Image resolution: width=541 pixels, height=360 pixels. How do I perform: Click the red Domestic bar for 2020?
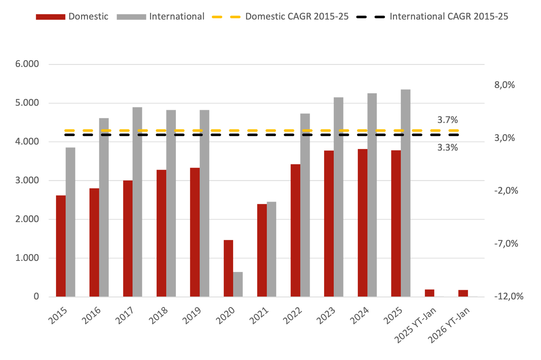pyautogui.click(x=228, y=268)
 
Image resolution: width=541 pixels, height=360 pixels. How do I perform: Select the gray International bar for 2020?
pyautogui.click(x=238, y=284)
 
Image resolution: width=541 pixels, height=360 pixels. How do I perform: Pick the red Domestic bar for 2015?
pyautogui.click(x=61, y=246)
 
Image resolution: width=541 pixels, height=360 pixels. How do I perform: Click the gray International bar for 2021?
pyautogui.click(x=272, y=249)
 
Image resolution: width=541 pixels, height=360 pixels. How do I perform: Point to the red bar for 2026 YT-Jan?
pyautogui.click(x=463, y=293)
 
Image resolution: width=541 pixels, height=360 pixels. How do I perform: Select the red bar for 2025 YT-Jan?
pyautogui.click(x=430, y=293)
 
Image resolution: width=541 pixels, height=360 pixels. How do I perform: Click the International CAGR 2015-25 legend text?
pyautogui.click(x=449, y=17)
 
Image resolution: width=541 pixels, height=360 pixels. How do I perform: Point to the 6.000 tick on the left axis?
pyautogui.click(x=27, y=64)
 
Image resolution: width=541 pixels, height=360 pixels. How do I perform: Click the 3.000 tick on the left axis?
pyautogui.click(x=27, y=180)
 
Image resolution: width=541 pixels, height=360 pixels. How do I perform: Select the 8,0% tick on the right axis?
pyautogui.click(x=504, y=85)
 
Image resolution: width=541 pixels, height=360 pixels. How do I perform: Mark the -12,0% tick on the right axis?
pyautogui.click(x=509, y=296)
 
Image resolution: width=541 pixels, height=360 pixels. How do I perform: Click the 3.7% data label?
pyautogui.click(x=447, y=120)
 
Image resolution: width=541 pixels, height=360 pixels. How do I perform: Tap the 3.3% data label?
pyautogui.click(x=447, y=148)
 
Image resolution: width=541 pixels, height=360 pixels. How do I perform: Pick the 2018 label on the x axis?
pyautogui.click(x=159, y=316)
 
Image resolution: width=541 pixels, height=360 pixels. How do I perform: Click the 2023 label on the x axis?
pyautogui.click(x=326, y=316)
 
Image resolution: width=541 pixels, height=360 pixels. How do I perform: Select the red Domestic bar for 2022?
pyautogui.click(x=295, y=230)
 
